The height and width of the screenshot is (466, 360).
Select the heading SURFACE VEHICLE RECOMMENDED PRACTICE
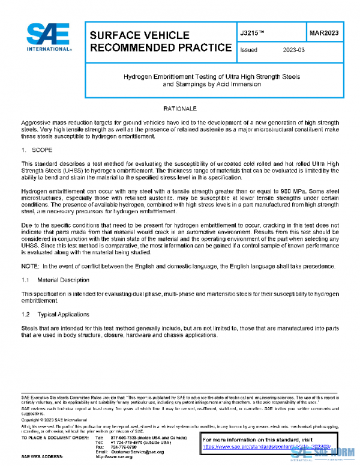(x=160, y=41)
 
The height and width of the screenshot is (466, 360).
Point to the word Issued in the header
(x=248, y=50)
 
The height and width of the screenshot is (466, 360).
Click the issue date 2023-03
(x=294, y=50)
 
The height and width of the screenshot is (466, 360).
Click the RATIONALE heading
(x=181, y=108)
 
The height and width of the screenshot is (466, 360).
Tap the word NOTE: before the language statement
(x=29, y=266)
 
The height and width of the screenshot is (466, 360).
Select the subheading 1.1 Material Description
(x=55, y=280)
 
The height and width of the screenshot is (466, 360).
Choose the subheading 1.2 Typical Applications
(x=55, y=314)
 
